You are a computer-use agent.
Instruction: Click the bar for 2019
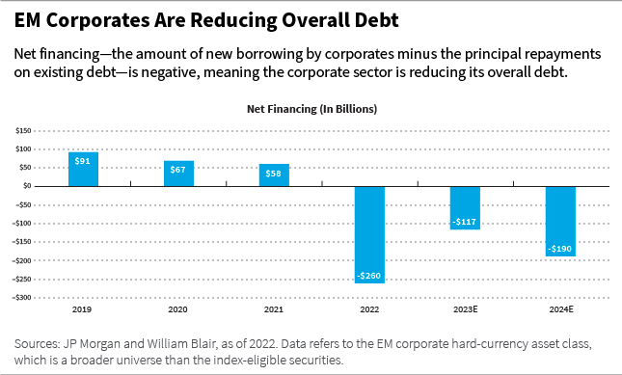83,169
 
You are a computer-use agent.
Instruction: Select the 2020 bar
178,174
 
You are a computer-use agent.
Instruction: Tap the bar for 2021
274,174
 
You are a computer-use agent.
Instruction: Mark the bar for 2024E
560,221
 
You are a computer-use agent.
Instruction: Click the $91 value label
83,160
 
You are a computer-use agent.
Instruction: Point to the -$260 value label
369,276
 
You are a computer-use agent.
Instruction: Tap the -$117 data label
465,223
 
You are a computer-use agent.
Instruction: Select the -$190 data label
560,250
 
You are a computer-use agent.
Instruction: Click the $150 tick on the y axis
22,130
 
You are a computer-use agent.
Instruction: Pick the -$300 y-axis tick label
21,298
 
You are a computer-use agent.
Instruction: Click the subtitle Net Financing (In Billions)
311,109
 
